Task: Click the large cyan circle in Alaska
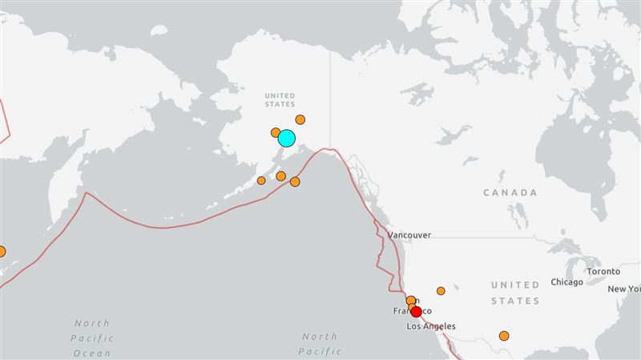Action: [x=286, y=139]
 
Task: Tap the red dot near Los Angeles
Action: [x=416, y=312]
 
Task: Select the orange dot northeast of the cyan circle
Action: [x=300, y=119]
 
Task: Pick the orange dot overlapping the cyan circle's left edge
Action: [x=276, y=132]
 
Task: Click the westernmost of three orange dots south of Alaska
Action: [x=261, y=180]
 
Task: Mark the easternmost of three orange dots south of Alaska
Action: [x=295, y=182]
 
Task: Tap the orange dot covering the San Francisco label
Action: [x=411, y=301]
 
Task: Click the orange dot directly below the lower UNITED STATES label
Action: [x=504, y=336]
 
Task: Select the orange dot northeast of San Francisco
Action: [x=441, y=291]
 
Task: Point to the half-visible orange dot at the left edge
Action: [x=2, y=251]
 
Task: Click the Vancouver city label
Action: [x=409, y=235]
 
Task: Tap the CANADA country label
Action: [x=510, y=193]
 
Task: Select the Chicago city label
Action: [x=566, y=282]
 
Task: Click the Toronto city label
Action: [x=603, y=272]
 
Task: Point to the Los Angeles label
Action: [x=431, y=326]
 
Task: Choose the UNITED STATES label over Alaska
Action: [x=280, y=99]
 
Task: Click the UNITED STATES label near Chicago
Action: [x=515, y=293]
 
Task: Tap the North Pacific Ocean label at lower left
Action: [x=92, y=338]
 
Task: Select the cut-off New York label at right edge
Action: [x=624, y=289]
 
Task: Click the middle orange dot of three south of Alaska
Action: [x=280, y=176]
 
